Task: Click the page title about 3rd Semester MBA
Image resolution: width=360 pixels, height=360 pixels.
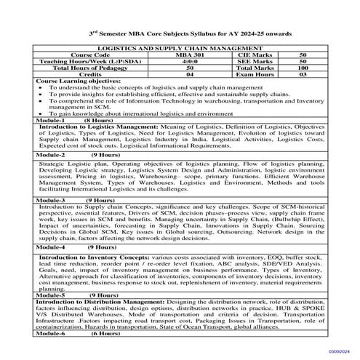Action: [x=180, y=34]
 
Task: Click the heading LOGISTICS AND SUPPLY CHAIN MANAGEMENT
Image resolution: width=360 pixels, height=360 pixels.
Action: [x=180, y=47]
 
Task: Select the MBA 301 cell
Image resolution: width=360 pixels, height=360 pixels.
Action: [x=191, y=54]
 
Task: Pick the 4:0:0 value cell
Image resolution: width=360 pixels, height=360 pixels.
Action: [x=191, y=60]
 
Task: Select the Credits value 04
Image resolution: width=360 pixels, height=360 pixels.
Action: [x=191, y=73]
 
